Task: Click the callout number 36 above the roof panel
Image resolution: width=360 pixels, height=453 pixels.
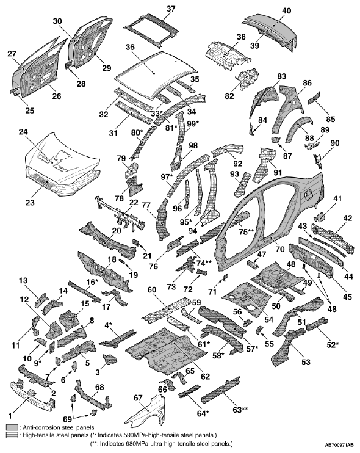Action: pos(131,47)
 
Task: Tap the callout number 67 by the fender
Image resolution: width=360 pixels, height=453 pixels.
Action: pos(138,398)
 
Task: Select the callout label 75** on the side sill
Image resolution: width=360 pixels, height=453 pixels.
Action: pos(247,232)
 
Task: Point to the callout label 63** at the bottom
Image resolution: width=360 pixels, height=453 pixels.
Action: pos(240,410)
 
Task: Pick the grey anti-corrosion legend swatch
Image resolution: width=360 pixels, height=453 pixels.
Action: pos(12,427)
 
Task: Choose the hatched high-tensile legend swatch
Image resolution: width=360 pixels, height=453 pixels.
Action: pos(12,435)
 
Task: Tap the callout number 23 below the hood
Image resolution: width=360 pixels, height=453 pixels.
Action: pos(30,202)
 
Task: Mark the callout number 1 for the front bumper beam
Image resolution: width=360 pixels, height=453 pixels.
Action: pos(10,416)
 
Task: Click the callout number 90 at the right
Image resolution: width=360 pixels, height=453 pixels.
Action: pos(335,143)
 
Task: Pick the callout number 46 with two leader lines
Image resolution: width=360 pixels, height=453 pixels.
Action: pos(332,309)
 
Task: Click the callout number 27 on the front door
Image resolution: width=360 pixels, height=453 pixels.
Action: pos(12,54)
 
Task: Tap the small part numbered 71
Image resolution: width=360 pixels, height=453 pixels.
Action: pos(225,277)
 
